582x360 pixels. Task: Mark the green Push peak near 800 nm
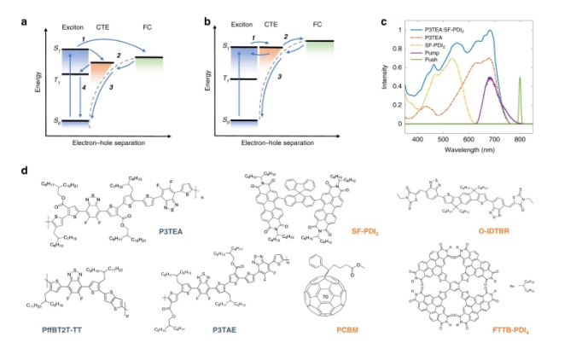point(520,78)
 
